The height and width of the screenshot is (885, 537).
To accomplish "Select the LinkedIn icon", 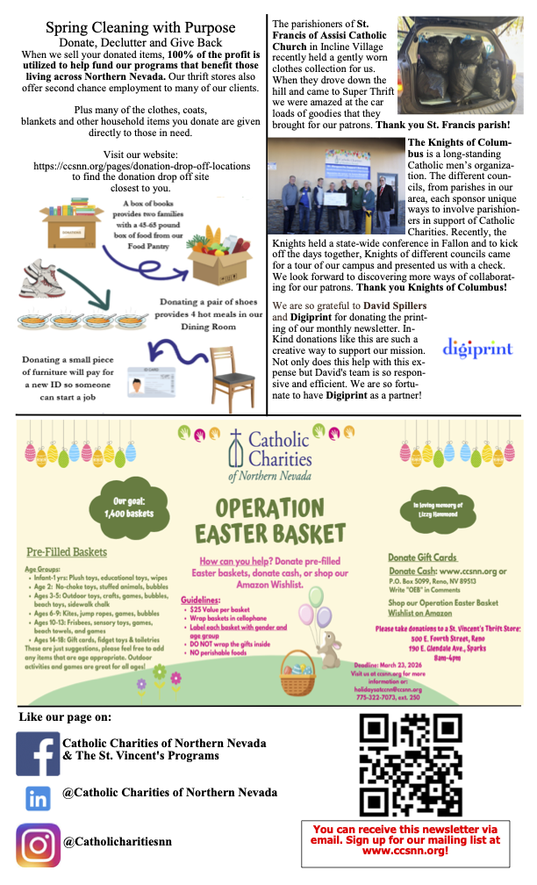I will click(39, 798).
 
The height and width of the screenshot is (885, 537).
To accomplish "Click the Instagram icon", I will click(39, 845).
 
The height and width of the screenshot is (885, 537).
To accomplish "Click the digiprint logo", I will click(476, 348).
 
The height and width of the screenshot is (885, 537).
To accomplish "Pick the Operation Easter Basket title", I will click(268, 521).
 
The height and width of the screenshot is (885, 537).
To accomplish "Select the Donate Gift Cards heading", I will click(423, 557).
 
